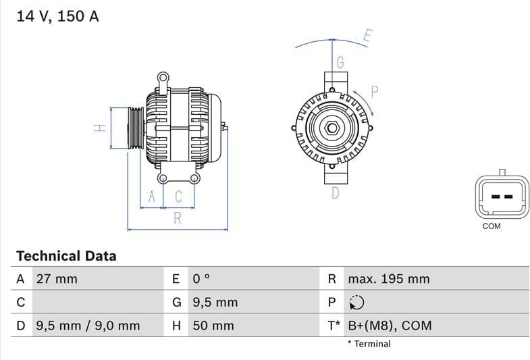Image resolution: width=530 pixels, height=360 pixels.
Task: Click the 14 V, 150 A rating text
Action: pos(57,16)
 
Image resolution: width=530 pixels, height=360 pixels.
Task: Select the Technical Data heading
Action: pos(66,256)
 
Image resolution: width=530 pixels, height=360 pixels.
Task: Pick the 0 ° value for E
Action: pos(201,279)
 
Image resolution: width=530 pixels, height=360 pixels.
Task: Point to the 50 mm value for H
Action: pos(213,326)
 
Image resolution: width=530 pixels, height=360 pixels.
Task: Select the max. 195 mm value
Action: pos(388,279)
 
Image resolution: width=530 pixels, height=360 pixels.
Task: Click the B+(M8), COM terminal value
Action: pos(390,326)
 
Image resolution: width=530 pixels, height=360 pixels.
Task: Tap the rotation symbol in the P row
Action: pos(357,303)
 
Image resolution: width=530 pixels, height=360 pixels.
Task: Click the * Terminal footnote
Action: pos(369,344)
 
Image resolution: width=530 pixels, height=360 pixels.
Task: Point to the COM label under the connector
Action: pos(492,226)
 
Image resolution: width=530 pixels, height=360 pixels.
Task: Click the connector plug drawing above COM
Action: pos(501,196)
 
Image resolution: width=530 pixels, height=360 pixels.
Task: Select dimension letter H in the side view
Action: pos(99,127)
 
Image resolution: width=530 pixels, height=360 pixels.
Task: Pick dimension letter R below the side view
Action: pos(178,218)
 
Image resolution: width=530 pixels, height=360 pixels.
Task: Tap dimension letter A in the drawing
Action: pos(152,197)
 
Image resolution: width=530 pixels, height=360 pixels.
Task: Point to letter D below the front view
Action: pos(335,194)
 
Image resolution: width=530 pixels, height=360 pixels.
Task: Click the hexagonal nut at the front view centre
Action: pos(333,128)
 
